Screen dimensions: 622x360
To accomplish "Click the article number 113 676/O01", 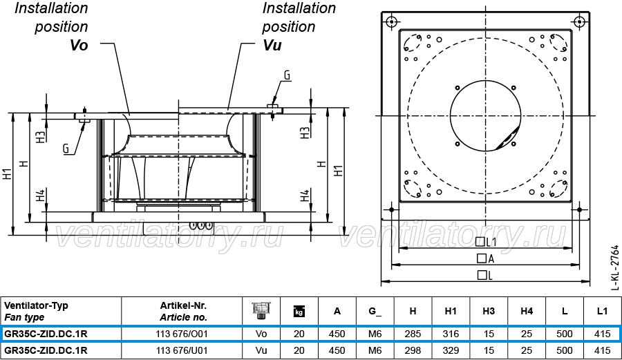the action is pos(182,334).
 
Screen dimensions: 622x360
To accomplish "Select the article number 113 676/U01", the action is pos(182,350).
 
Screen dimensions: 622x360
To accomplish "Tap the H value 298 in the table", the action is pos(413,350).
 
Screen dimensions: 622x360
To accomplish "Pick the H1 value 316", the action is pos(451,334).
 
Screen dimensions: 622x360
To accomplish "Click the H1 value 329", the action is pos(451,350).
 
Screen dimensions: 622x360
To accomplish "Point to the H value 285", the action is pos(413,334).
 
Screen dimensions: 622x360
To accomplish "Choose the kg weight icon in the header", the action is pos(299,311).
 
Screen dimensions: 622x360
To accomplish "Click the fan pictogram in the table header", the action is pos(261,311).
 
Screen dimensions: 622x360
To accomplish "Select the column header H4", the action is pos(527,311).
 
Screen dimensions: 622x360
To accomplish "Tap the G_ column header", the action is pos(375,311).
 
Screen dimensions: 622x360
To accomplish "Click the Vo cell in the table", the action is pos(261,334).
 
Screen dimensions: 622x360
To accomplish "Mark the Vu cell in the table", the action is pos(261,350).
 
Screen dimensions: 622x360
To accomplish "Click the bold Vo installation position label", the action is pos(79,45).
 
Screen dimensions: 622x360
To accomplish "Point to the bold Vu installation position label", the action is pos(272,45).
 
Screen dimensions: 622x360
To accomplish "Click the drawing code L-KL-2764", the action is pos(615,267).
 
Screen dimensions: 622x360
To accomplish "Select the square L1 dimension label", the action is pos(486,241).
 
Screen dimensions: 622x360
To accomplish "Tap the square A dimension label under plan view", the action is pos(486,258).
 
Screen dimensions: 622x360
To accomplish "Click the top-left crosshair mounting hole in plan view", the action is pos(392,21).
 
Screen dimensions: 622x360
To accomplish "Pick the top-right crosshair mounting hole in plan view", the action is pos(580,21).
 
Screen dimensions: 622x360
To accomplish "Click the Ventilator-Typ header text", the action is pos(36,305).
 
